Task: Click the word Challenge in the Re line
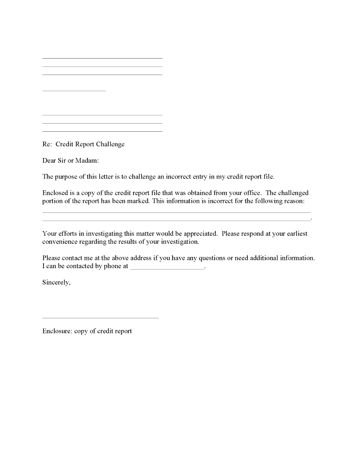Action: [110, 144]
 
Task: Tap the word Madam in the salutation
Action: [87, 161]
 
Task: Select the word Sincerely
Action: [56, 283]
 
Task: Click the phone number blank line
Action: [167, 268]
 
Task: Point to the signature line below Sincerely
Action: [100, 318]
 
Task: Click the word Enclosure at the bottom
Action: [57, 331]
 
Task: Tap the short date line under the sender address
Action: [74, 90]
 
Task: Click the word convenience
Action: [60, 242]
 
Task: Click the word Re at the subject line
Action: [46, 144]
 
